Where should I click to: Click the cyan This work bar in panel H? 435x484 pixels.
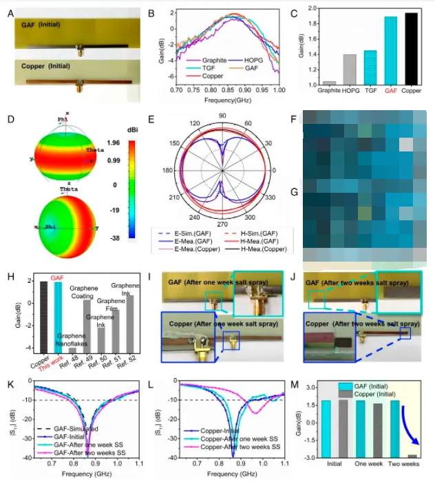pyautogui.click(x=61, y=317)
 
